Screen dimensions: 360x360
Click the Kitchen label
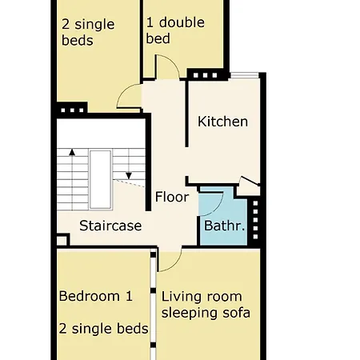pos(222,122)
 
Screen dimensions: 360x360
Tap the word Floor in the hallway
pos(171,197)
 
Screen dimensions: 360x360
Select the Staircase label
pos(110,226)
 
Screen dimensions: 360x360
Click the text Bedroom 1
pos(95,296)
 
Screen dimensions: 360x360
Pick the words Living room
pos(202,296)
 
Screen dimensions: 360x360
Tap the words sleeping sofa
pos(206,313)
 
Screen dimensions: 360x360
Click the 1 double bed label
pos(176,30)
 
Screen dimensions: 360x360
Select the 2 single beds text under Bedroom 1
pos(103,329)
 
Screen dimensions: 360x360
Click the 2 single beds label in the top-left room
pos(88,32)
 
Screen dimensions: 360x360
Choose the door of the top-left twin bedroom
pos(130,98)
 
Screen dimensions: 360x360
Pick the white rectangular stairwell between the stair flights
pos(100,178)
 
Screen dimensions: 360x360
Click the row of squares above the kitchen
pos(205,75)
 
